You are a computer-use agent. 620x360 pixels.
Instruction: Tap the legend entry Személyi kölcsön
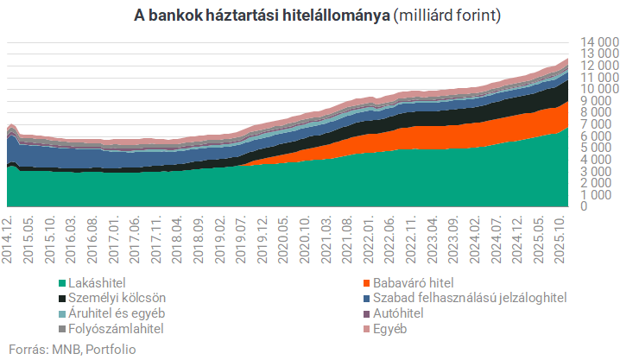click(111, 298)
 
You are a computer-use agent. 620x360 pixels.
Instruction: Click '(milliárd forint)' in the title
click(446, 16)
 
